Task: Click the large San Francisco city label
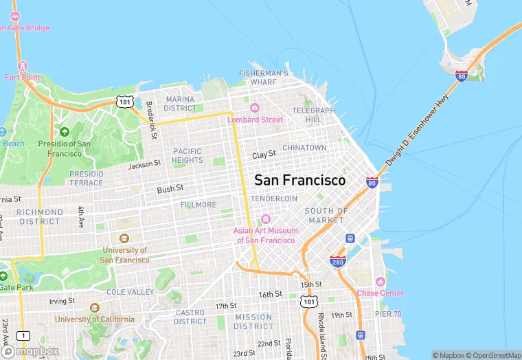coord(300,180)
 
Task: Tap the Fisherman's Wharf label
coord(263,78)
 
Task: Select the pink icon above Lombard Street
coord(255,108)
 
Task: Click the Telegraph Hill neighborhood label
coord(313,115)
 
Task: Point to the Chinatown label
coord(304,148)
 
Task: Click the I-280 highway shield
coord(337,261)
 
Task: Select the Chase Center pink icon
coord(380,282)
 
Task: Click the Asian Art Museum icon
coord(266,219)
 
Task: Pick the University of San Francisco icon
coord(124,238)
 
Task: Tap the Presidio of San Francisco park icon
coord(65,131)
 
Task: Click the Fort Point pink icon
coord(23,65)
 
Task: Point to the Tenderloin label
coord(273,199)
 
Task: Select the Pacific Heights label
coord(188,156)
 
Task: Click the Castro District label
coord(190,317)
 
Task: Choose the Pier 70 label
coord(388,314)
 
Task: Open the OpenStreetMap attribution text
coord(492,355)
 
